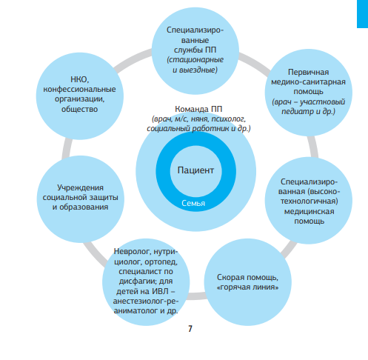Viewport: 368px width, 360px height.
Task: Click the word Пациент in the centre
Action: click(195, 170)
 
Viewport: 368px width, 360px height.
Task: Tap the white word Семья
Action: click(193, 203)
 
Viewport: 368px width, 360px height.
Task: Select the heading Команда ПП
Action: click(198, 109)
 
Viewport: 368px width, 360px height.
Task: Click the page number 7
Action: click(190, 329)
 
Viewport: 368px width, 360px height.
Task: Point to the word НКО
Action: click(80, 80)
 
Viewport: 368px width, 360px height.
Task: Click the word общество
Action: click(79, 109)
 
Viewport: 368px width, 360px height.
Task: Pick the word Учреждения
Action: click(80, 187)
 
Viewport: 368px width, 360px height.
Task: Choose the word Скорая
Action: click(230, 278)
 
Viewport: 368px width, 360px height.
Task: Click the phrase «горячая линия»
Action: click(247, 287)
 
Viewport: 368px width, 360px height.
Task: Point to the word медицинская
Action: click(309, 211)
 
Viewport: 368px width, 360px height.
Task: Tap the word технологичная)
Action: click(309, 201)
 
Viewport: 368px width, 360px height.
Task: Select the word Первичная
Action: click(308, 72)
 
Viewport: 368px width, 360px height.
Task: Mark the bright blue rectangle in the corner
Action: click(362, 14)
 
